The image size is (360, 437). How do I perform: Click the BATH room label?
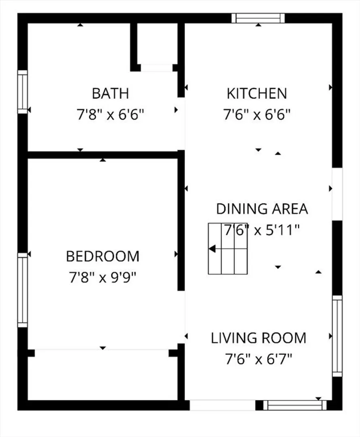(111, 93)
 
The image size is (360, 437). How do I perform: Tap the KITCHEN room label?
(257, 93)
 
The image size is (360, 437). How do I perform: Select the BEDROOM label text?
(102, 257)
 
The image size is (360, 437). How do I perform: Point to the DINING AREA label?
(262, 209)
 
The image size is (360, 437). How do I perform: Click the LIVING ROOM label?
(258, 338)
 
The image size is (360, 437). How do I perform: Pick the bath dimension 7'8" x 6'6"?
(111, 114)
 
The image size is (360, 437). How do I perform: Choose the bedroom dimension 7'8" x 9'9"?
(102, 277)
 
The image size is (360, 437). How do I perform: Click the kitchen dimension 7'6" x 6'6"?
(257, 114)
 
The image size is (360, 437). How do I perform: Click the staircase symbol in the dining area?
(228, 248)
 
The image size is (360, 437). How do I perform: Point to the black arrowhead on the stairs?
(212, 248)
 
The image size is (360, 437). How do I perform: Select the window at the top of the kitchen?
(258, 18)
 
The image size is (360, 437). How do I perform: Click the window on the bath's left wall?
(23, 92)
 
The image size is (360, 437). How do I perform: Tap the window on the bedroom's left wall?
(23, 290)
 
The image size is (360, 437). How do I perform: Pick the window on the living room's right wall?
(337, 336)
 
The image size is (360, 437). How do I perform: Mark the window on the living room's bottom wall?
(295, 405)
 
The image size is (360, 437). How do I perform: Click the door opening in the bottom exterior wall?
(223, 405)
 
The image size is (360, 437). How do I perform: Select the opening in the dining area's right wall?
(337, 194)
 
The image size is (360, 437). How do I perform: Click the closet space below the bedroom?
(102, 375)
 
